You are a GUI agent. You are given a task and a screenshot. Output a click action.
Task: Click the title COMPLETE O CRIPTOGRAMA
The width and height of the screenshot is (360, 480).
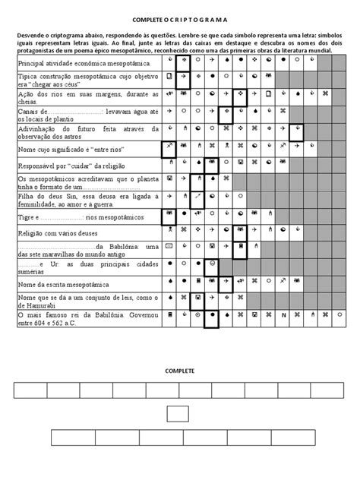coord(180,18)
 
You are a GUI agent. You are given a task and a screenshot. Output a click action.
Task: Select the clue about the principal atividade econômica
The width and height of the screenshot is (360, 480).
coord(84,65)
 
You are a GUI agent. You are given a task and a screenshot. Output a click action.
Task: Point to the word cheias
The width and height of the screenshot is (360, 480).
coord(27,100)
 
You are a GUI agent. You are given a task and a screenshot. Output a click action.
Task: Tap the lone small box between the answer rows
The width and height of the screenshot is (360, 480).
coord(178,414)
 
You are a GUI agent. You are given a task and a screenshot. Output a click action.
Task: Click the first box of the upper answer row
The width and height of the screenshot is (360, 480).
coord(30,391)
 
